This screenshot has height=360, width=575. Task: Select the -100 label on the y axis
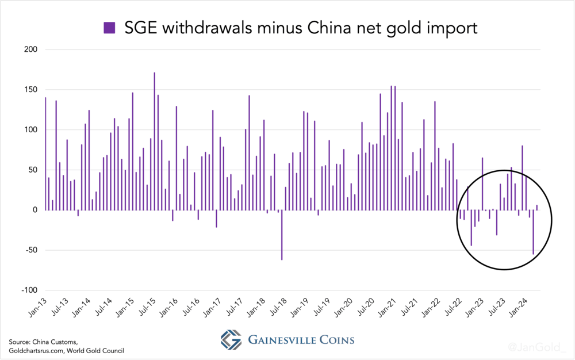pos(29,290)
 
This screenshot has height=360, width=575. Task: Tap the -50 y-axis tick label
pos(30,250)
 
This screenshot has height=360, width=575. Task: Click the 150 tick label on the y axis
pos(30,90)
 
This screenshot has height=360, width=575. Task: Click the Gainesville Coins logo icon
pos(232,340)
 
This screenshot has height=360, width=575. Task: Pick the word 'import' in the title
pos(452,28)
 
